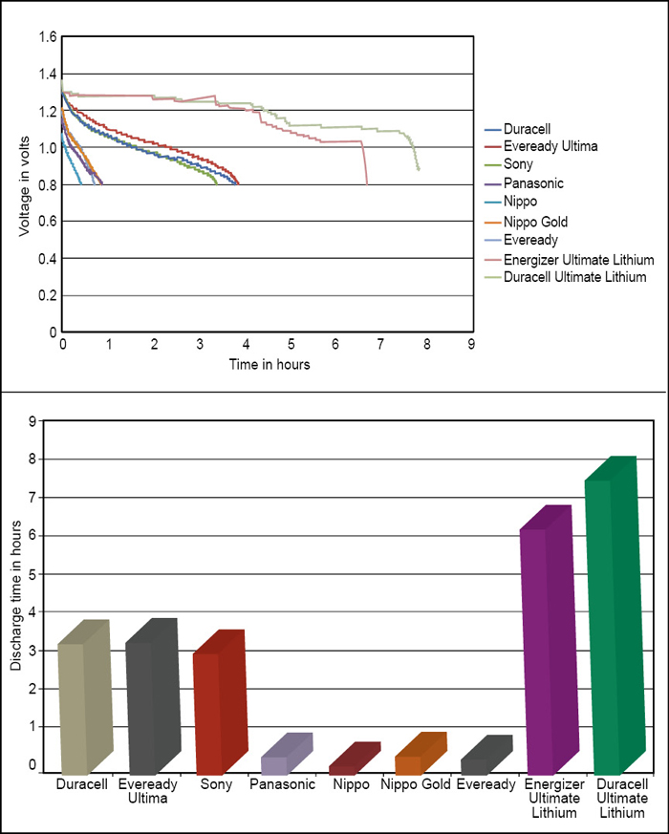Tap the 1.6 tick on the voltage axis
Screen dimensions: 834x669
[x=47, y=37]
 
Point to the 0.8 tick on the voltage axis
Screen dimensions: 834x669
[x=47, y=184]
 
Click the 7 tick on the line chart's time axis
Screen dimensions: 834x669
[x=381, y=343]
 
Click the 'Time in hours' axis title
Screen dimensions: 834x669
[x=269, y=364]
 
